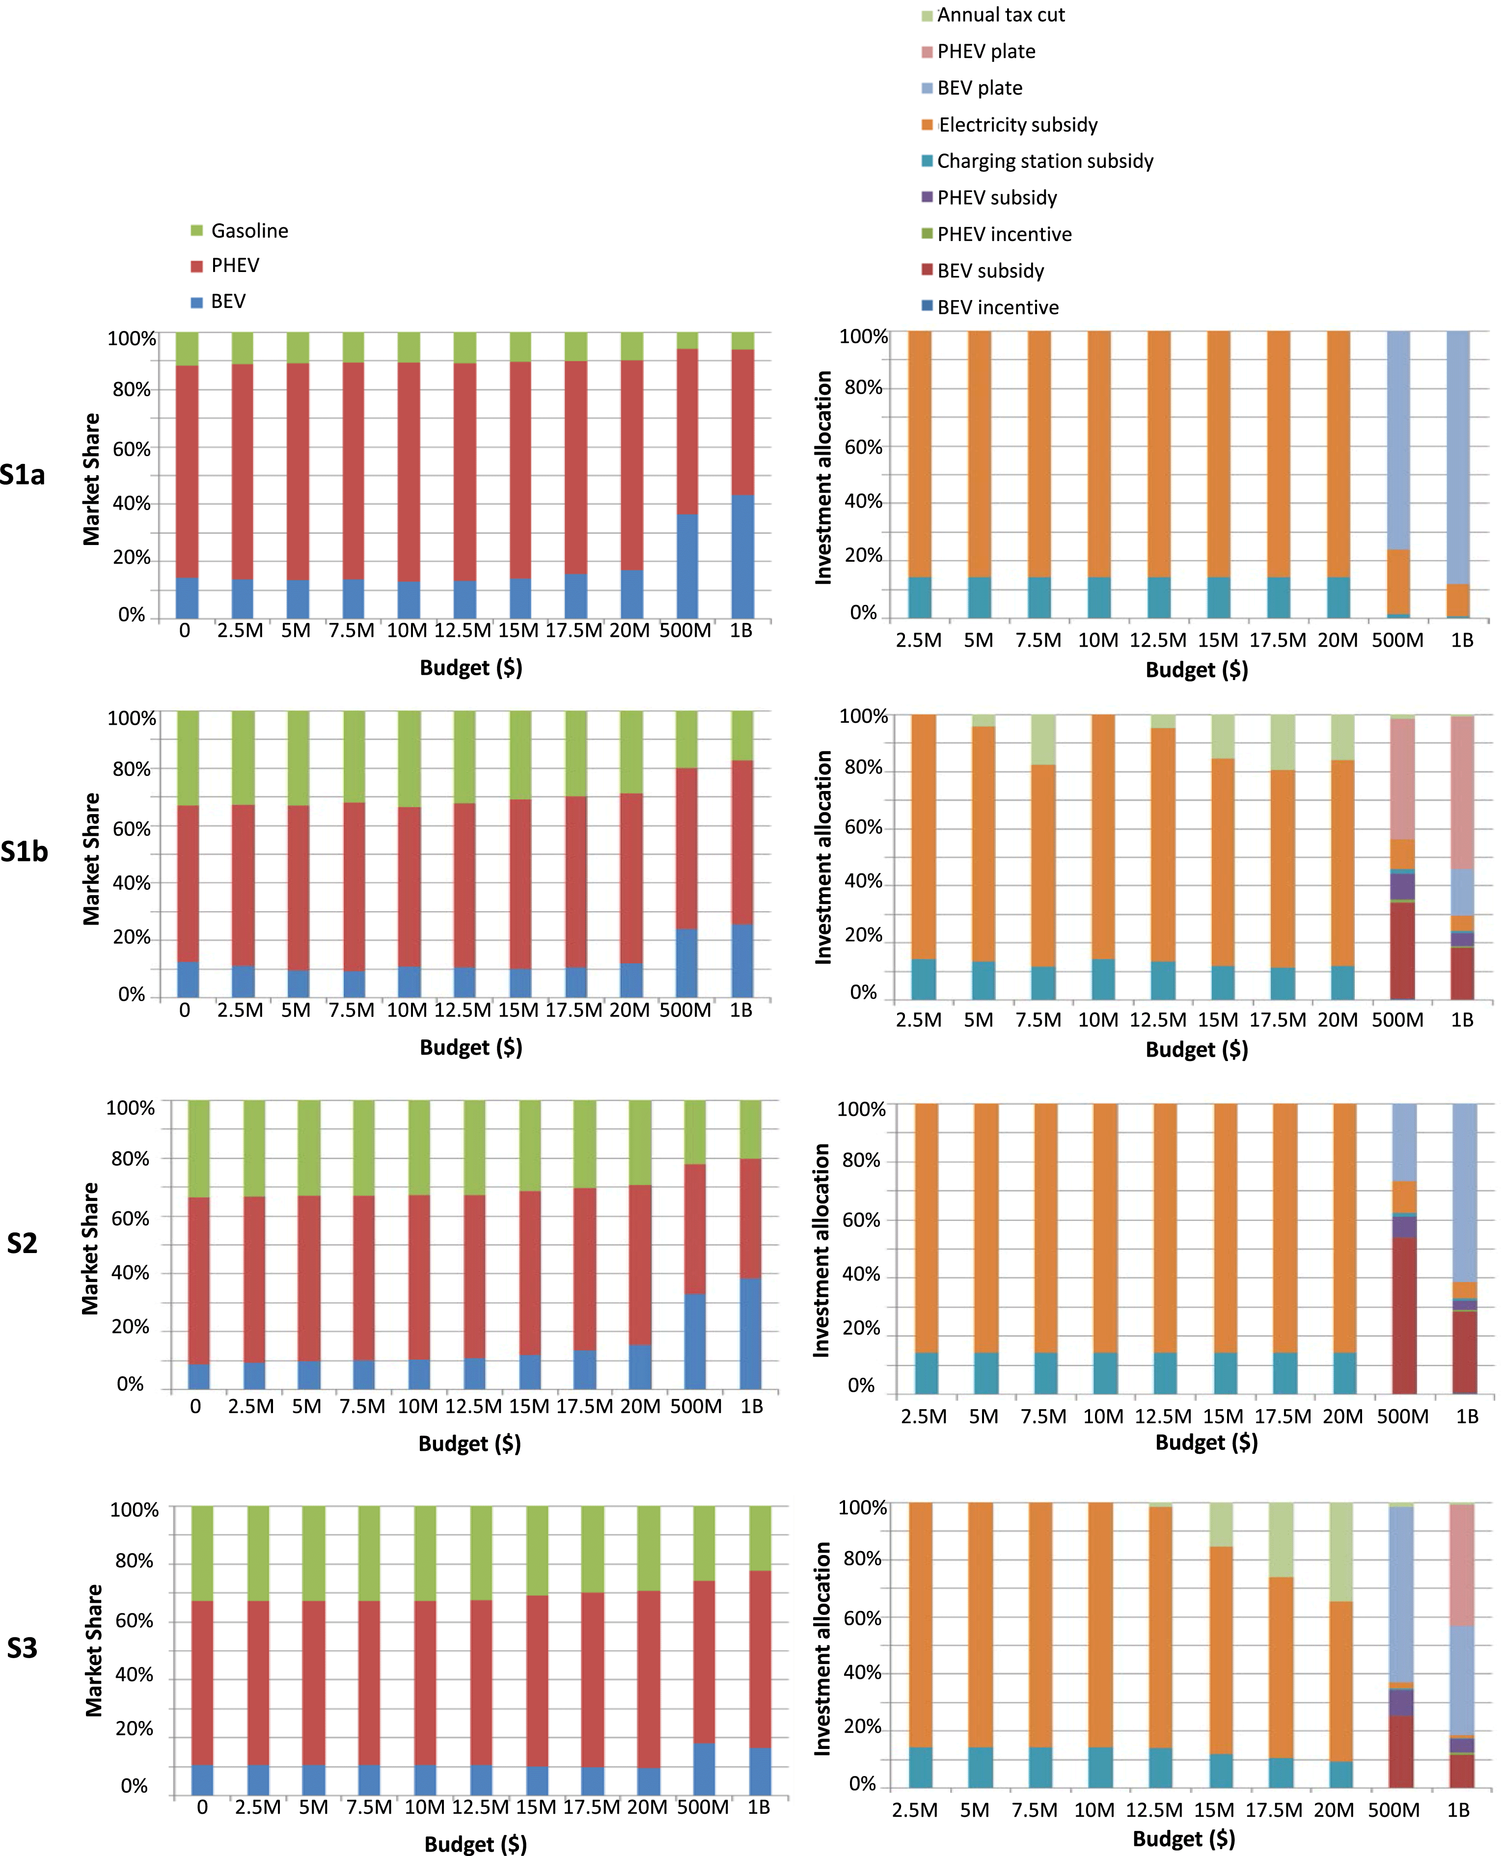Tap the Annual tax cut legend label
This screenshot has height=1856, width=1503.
tap(1000, 15)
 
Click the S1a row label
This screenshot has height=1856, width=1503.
tap(23, 474)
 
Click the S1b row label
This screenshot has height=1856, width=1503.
tap(24, 852)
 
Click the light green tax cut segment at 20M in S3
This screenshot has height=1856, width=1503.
tap(1340, 1551)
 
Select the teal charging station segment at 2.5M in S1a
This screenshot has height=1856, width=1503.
tap(920, 598)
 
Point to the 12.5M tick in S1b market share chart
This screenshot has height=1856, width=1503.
tap(463, 1010)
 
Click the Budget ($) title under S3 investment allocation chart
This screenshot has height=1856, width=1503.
tap(1183, 1839)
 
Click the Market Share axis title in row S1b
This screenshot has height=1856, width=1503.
tap(91, 859)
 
